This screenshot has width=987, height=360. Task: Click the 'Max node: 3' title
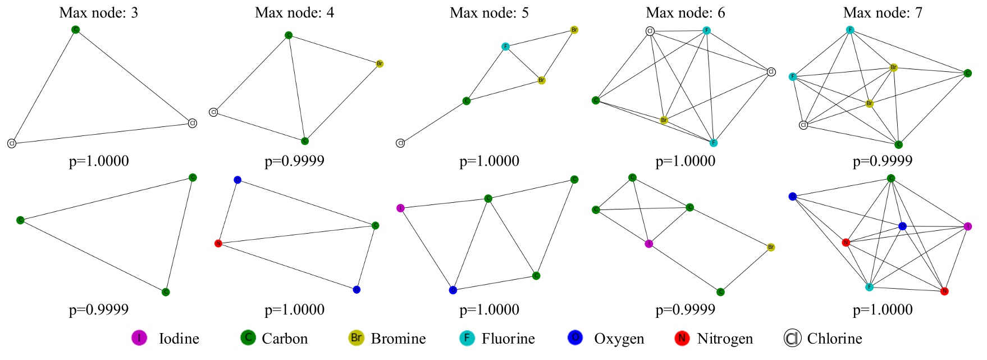(x=98, y=12)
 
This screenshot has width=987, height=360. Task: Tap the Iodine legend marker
(x=139, y=338)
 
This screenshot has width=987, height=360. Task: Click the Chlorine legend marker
(x=792, y=338)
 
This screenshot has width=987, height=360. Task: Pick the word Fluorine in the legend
(x=508, y=339)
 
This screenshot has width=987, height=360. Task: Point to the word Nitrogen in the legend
(x=724, y=339)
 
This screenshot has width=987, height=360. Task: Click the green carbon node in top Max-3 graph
(x=76, y=30)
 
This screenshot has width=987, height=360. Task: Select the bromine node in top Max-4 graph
(x=380, y=64)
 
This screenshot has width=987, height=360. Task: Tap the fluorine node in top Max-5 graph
(x=505, y=47)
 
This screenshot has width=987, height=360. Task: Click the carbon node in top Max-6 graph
(x=596, y=101)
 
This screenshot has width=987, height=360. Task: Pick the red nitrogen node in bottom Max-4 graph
(x=218, y=243)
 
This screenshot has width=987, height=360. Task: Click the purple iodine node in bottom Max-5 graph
(x=400, y=208)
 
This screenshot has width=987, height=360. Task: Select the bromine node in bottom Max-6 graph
(x=771, y=247)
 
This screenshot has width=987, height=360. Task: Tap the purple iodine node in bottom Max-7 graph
(x=967, y=226)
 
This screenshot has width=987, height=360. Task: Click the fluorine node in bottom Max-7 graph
(x=869, y=287)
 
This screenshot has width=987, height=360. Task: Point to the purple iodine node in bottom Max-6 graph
(x=648, y=244)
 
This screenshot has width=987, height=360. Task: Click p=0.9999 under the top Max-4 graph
(x=294, y=161)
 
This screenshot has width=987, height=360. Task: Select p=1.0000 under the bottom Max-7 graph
(x=882, y=309)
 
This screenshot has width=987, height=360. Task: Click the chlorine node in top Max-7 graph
(x=803, y=125)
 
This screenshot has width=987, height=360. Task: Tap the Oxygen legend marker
(x=575, y=338)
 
